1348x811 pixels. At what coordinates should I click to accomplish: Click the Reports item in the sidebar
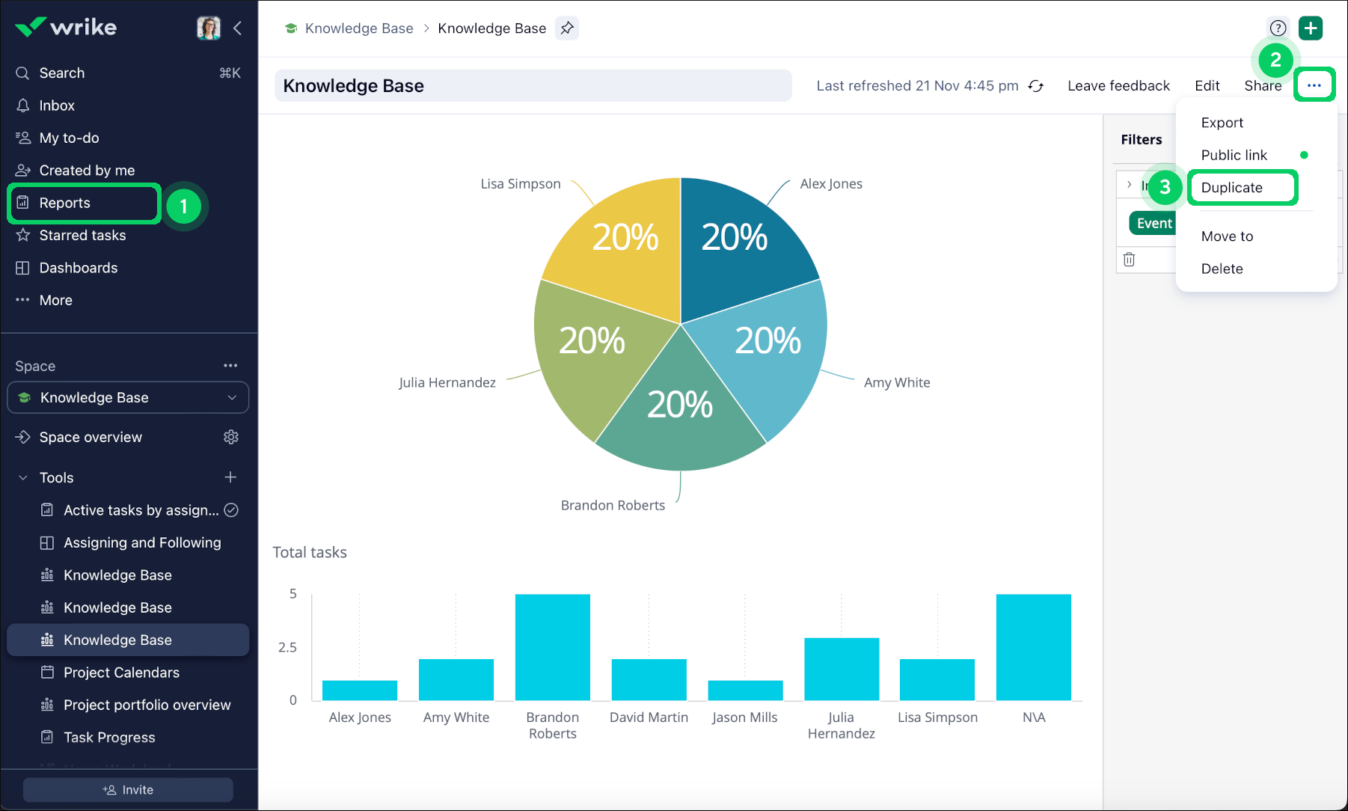click(x=65, y=203)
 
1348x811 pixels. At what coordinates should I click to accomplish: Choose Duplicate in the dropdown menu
click(x=1232, y=188)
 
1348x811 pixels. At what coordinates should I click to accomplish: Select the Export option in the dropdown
click(x=1222, y=123)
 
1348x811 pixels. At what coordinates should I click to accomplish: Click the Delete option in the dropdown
click(x=1222, y=269)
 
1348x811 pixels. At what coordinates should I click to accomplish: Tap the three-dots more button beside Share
click(x=1314, y=85)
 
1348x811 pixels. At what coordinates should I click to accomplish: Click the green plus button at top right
click(x=1311, y=28)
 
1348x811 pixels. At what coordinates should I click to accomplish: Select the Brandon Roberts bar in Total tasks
click(x=553, y=646)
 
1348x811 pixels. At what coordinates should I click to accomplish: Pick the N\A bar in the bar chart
click(x=1033, y=646)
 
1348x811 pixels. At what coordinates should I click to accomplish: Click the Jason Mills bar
click(x=745, y=690)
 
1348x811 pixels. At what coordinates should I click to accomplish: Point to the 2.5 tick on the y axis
click(x=287, y=647)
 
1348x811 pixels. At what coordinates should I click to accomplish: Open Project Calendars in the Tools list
click(x=121, y=673)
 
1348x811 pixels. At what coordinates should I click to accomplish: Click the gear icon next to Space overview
click(x=231, y=437)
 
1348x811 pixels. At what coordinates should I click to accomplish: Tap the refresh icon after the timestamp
click(x=1036, y=86)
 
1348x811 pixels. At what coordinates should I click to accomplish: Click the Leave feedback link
click(x=1118, y=86)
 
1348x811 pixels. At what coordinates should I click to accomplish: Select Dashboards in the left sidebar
click(x=79, y=268)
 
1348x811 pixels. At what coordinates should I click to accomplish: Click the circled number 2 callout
click(x=1275, y=60)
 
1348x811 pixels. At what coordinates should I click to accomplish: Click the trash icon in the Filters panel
click(x=1130, y=259)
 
